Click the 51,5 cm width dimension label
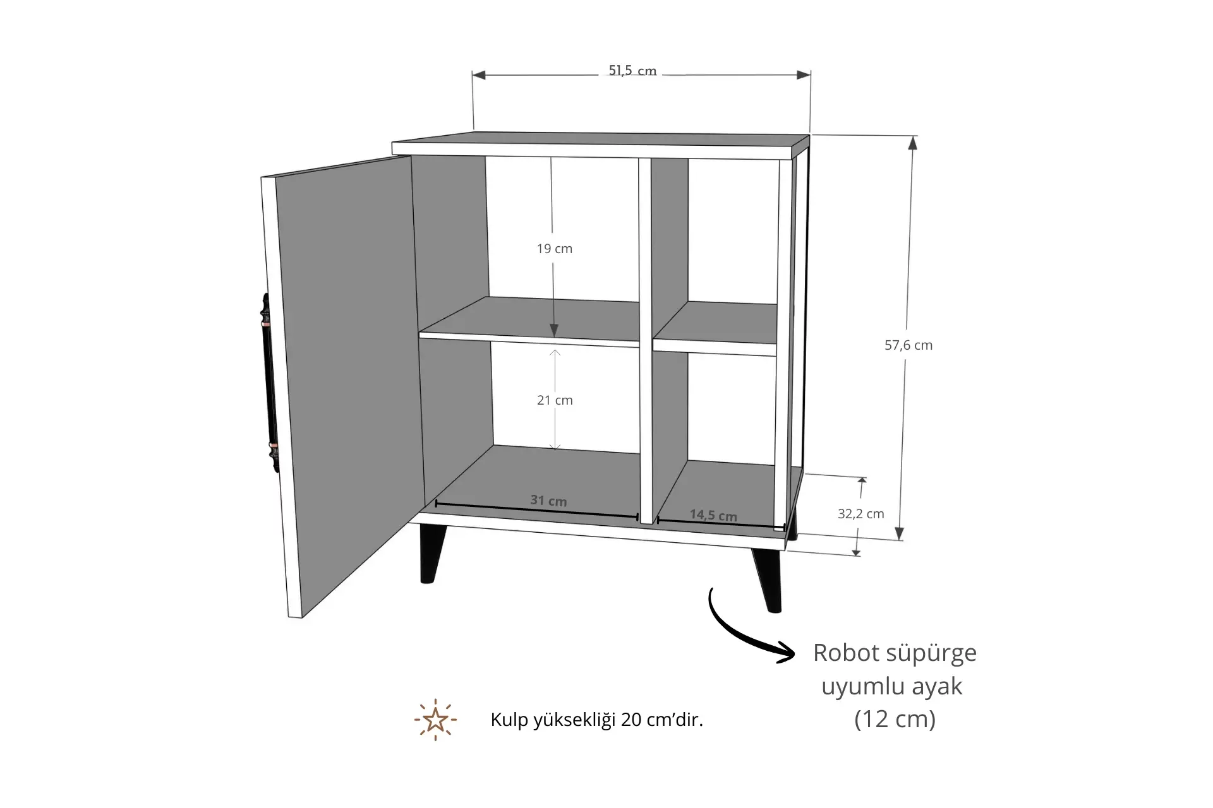(632, 71)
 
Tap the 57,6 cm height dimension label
(908, 345)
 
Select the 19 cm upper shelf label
(555, 249)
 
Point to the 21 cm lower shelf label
(555, 400)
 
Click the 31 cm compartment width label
(548, 501)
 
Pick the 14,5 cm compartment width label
(713, 515)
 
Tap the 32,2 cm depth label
(861, 514)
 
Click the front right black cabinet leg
(766, 580)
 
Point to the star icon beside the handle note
(435, 720)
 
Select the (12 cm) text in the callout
(895, 719)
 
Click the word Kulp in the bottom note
(510, 720)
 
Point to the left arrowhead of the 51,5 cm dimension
(479, 75)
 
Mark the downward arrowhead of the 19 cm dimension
(554, 330)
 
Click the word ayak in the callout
(937, 686)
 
